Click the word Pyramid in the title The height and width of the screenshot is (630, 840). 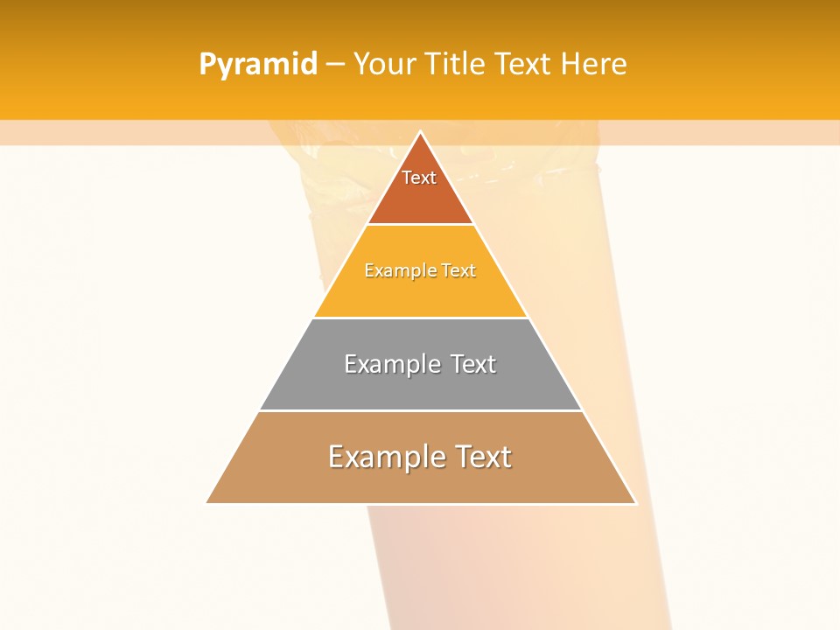point(257,65)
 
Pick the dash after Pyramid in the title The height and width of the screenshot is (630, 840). point(335,65)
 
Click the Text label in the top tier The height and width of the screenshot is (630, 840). point(419,178)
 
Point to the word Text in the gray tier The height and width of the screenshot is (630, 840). point(472,364)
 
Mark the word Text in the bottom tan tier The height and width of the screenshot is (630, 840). point(480,457)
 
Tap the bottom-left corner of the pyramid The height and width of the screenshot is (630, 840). point(207,502)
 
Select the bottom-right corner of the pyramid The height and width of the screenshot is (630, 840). point(635,502)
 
